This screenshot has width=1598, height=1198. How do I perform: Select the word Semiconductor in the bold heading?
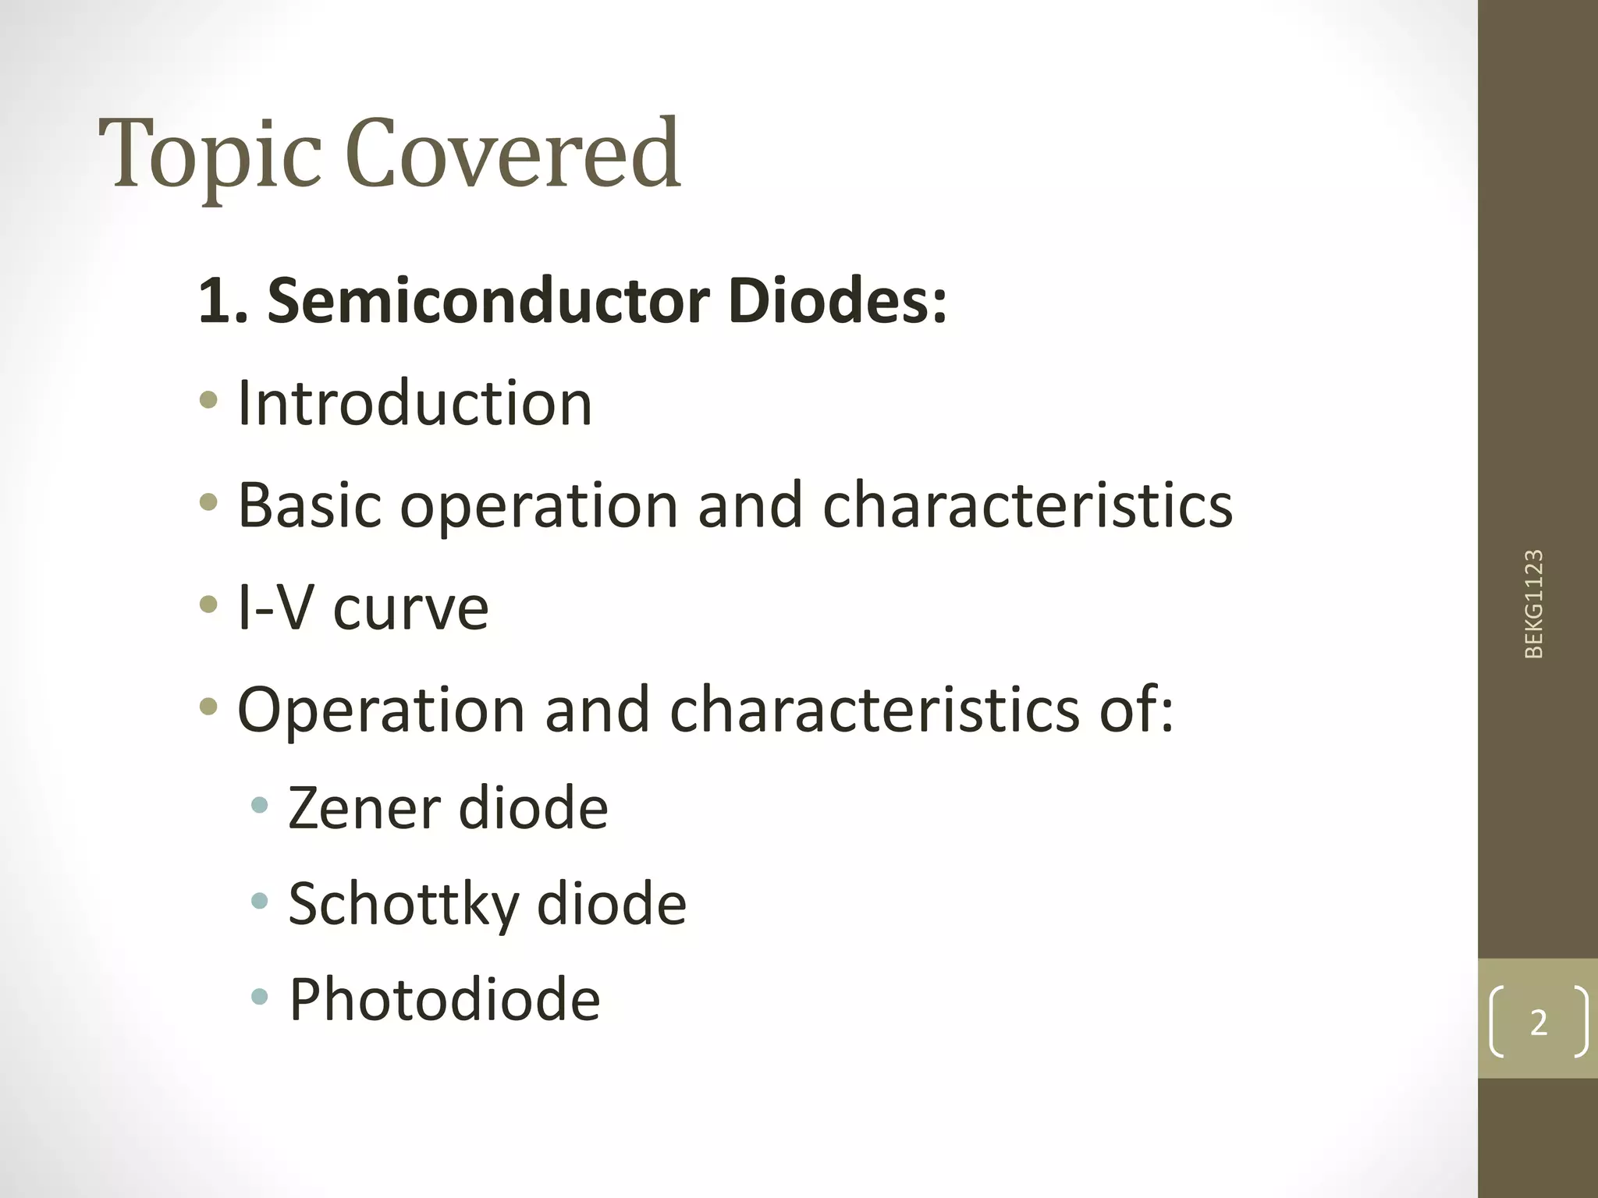point(488,301)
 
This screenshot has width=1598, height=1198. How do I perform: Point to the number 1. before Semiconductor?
point(223,301)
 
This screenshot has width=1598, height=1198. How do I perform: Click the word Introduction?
point(414,403)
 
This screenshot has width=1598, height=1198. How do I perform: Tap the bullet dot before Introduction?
point(208,401)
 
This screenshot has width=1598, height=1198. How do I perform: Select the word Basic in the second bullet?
point(309,505)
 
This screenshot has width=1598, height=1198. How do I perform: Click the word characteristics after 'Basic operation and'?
point(1028,505)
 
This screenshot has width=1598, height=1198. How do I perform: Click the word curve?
point(410,609)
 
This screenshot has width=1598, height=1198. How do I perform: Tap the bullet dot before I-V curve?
point(208,604)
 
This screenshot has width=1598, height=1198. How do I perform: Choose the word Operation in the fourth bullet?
point(381,710)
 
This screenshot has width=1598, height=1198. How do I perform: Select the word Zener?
point(364,808)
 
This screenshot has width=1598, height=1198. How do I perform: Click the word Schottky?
point(403,905)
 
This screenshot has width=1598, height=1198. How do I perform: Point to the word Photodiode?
point(445,1000)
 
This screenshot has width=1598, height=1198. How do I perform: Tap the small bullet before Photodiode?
point(260,996)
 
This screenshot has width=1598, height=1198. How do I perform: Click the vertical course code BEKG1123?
point(1533,604)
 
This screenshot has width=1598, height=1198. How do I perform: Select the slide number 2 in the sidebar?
point(1538,1022)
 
